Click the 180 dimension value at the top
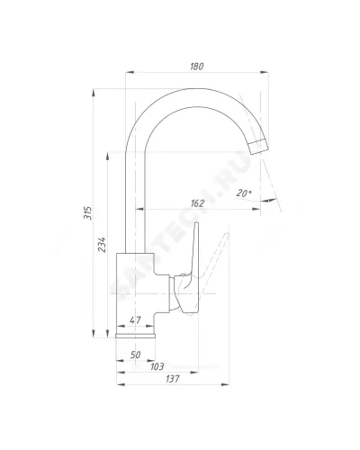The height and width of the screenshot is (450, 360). click(197, 67)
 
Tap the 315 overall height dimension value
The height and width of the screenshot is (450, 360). click(88, 212)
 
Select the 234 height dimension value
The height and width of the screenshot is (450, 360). click(102, 245)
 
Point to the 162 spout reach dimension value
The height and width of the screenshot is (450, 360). click(197, 203)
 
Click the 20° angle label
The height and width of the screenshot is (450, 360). click(244, 193)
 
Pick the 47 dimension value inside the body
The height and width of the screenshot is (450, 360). click(135, 320)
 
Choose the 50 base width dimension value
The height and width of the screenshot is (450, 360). click(135, 355)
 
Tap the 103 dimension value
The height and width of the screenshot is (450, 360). click(157, 366)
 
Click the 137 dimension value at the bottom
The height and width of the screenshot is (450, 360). click(173, 379)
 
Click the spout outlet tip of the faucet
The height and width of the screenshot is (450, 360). click(259, 148)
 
